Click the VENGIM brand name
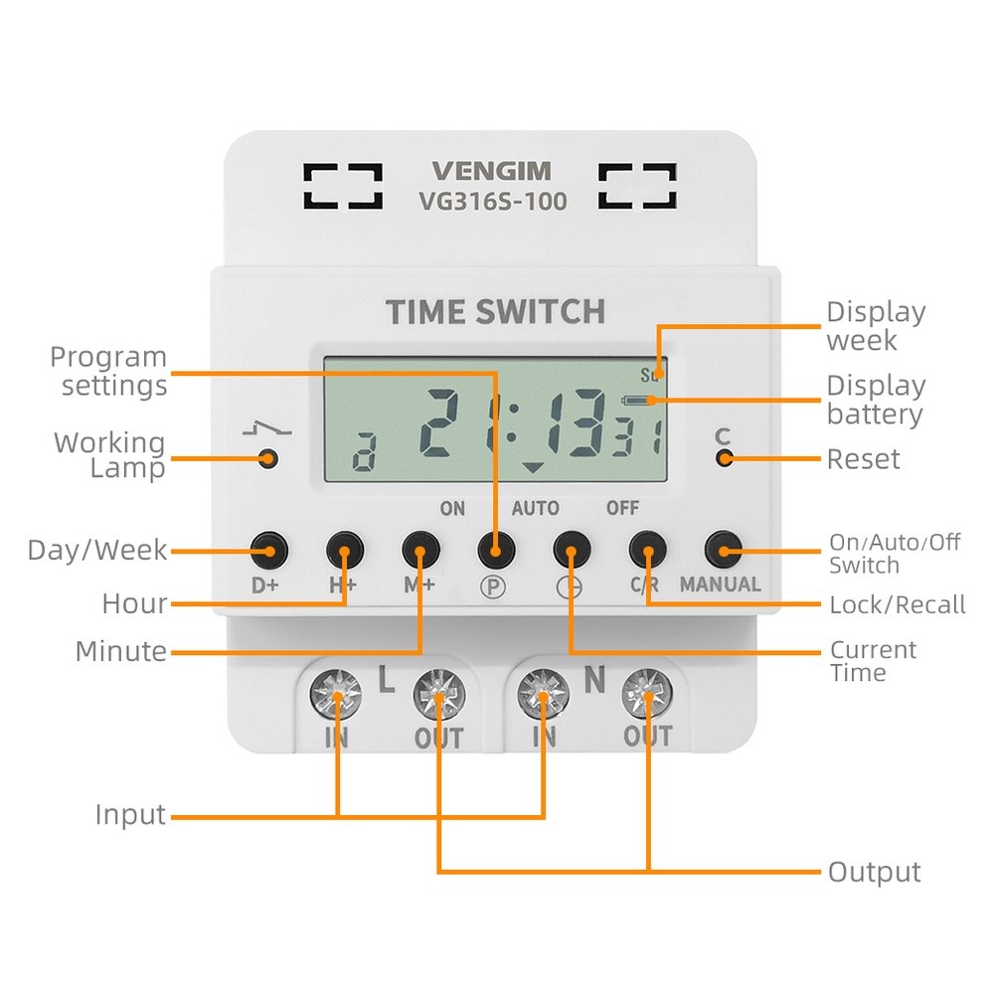coord(491,171)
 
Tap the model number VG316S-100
coord(491,202)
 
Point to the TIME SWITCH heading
coord(495,312)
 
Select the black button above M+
coord(419,548)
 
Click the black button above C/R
coord(646,548)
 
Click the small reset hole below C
coord(724,458)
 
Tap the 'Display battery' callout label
coord(876,400)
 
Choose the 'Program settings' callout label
coord(109,371)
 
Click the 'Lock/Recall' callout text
coord(898,604)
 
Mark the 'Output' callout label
coord(875,873)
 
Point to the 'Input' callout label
coord(130,815)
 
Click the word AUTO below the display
coord(535,509)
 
